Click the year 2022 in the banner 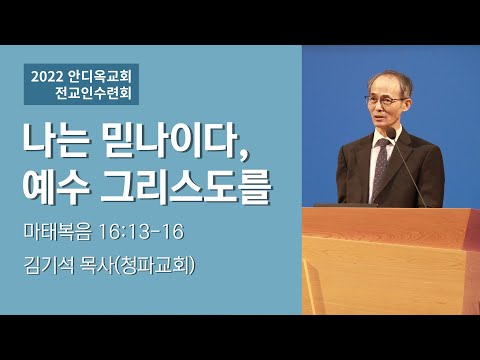click(x=49, y=74)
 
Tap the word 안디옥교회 click(x=103, y=74)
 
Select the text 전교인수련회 click(x=97, y=96)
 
